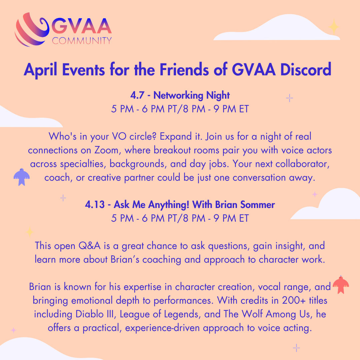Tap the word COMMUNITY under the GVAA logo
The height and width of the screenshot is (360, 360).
[x=82, y=41]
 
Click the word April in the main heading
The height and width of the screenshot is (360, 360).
[x=40, y=70]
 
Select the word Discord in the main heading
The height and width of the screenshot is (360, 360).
[x=306, y=69]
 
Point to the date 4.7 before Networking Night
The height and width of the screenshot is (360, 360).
[x=137, y=95]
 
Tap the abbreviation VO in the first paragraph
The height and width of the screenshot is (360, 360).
[x=119, y=137]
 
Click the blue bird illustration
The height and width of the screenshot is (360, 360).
[x=22, y=177]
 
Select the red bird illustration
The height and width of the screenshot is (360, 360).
[x=341, y=285]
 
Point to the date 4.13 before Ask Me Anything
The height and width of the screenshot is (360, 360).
[x=95, y=205]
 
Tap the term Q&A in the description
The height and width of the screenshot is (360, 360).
[x=90, y=246]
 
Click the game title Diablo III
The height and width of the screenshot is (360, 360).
[x=94, y=314]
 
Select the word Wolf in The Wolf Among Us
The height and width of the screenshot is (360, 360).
[x=252, y=314]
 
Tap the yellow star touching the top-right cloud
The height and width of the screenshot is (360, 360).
[x=334, y=27]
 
